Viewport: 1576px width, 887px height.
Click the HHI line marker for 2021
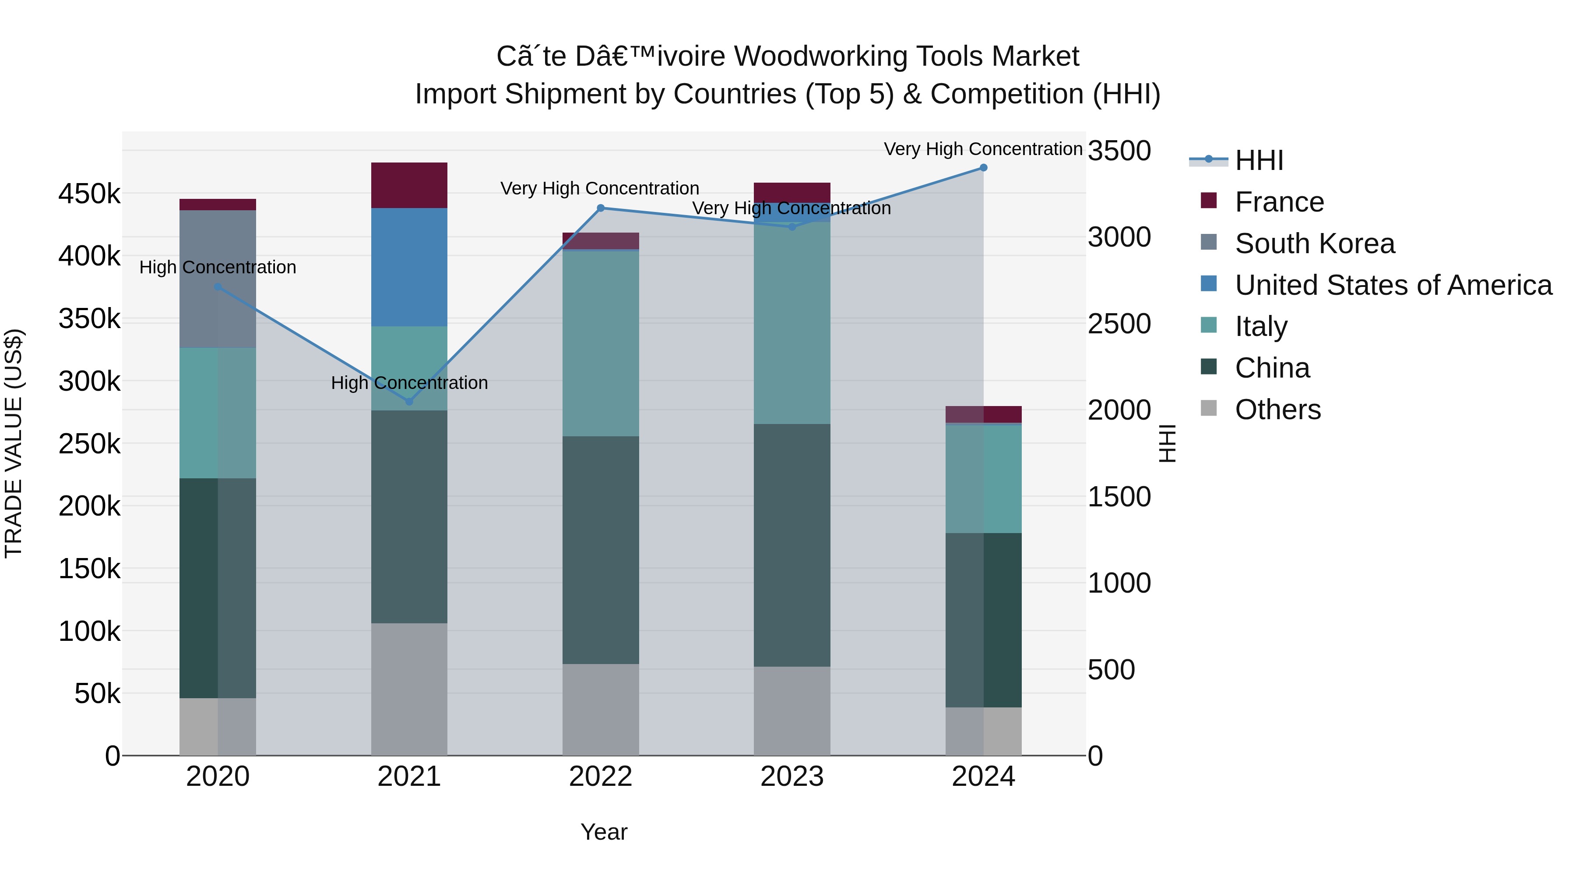pyautogui.click(x=409, y=402)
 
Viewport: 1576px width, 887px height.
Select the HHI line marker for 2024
pyautogui.click(x=983, y=168)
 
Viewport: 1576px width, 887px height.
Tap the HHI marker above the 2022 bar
pyautogui.click(x=601, y=208)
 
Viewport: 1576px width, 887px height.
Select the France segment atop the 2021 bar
pyautogui.click(x=409, y=185)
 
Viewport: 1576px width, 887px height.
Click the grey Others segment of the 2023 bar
pyautogui.click(x=792, y=711)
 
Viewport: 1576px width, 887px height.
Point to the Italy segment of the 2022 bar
pyautogui.click(x=601, y=343)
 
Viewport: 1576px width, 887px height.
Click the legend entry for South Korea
pyautogui.click(x=1314, y=244)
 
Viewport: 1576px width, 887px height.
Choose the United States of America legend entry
pyautogui.click(x=1393, y=285)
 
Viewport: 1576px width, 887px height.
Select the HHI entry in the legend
pyautogui.click(x=1259, y=160)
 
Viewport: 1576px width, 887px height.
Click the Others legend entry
pyautogui.click(x=1277, y=410)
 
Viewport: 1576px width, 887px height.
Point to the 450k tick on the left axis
pyautogui.click(x=89, y=194)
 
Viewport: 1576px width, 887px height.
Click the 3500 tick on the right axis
pyautogui.click(x=1119, y=151)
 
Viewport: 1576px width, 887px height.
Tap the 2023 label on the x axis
pyautogui.click(x=792, y=777)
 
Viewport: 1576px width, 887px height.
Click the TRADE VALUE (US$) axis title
pyautogui.click(x=14, y=443)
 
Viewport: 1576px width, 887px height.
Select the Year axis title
pyautogui.click(x=604, y=832)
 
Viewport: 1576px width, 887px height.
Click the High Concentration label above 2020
pyautogui.click(x=218, y=268)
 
